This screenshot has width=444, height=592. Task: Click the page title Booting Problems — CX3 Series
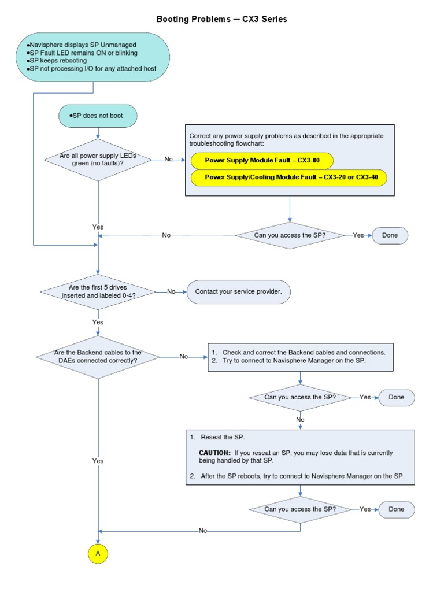coord(221,19)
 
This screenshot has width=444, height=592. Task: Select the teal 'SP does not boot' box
coord(98,116)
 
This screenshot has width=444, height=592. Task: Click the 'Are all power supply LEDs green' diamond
coord(98,159)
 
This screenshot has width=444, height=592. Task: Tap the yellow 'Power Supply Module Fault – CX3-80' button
coord(262,160)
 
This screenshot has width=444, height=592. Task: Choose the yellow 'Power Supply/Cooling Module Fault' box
coord(288,177)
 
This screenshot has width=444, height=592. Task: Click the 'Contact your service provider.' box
coord(238,292)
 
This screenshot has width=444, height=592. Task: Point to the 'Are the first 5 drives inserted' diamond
coord(98,291)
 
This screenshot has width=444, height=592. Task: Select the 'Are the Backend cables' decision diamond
coord(98,356)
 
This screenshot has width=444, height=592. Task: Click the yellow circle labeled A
coord(98,553)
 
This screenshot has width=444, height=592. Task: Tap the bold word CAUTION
coord(214,453)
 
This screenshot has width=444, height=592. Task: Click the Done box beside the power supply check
coord(390,235)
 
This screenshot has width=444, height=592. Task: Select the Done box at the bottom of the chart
coord(396,509)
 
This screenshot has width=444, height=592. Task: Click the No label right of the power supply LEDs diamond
coord(168,159)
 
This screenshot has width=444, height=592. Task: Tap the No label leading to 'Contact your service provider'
coord(171,292)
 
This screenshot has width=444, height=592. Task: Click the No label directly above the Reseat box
coord(300,420)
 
